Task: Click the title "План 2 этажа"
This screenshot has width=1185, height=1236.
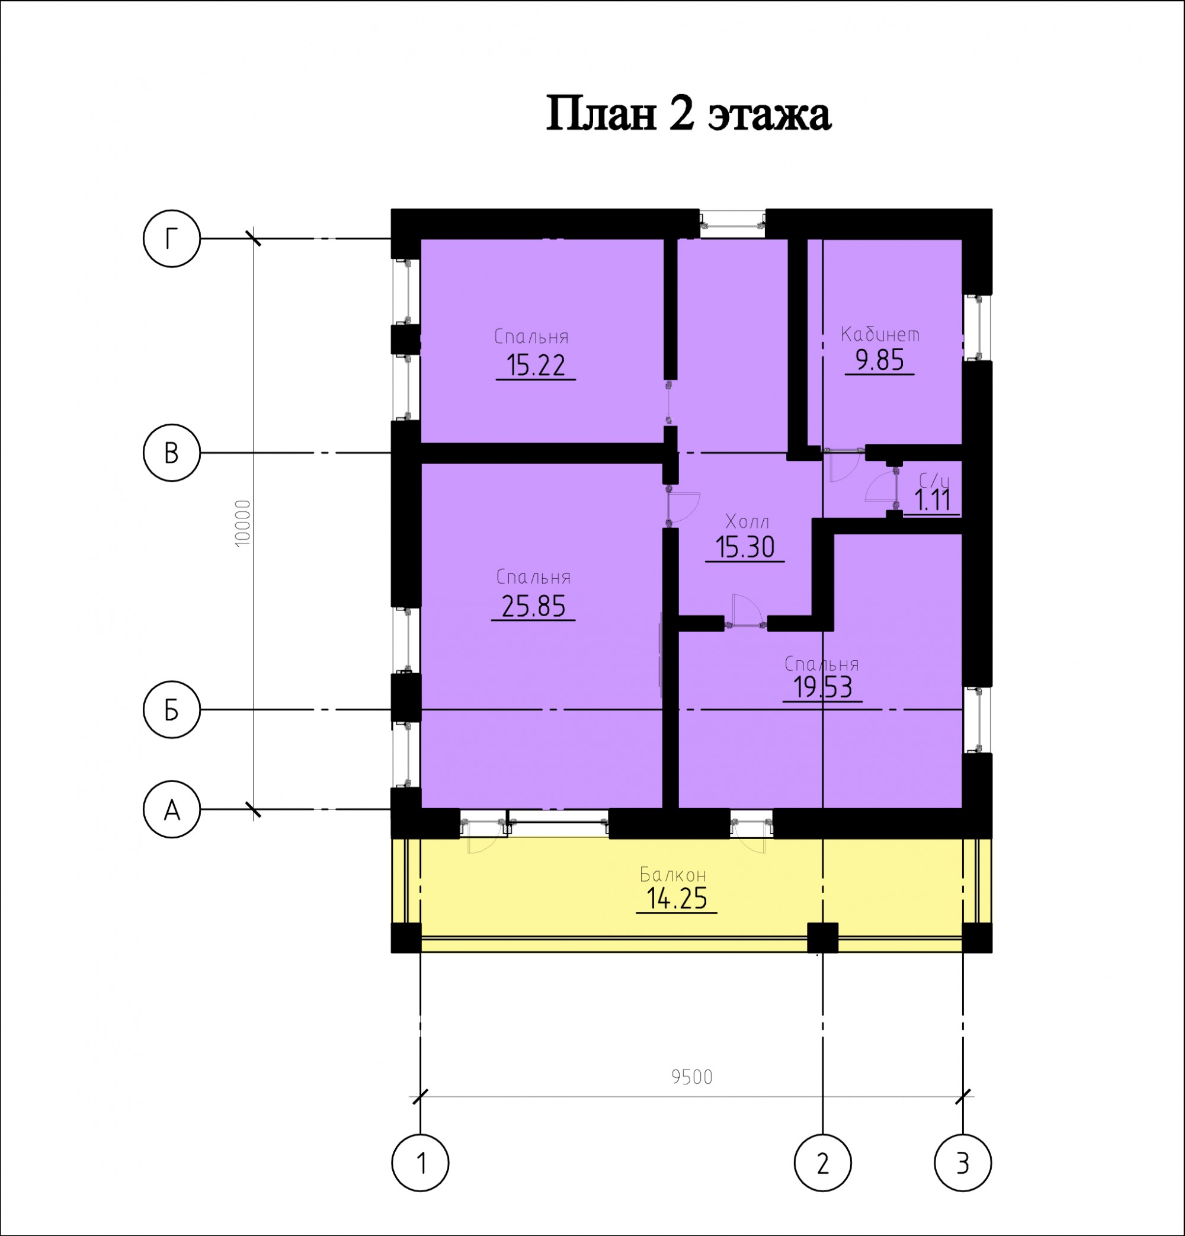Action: (688, 114)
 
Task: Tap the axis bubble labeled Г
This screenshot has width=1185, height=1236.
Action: (172, 239)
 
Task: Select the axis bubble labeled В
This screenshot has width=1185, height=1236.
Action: (172, 453)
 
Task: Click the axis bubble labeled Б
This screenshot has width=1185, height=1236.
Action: (172, 709)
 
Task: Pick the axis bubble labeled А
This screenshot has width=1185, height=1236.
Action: (172, 809)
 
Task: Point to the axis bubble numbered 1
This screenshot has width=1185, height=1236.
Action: (421, 1162)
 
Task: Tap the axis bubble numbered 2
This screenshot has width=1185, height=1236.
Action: (823, 1162)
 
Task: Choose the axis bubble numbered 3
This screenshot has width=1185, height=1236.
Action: (963, 1162)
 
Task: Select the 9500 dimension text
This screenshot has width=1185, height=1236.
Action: (692, 1077)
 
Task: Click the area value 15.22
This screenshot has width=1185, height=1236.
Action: (536, 366)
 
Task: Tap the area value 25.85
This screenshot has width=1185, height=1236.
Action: (533, 606)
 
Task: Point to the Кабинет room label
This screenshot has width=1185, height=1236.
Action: (880, 334)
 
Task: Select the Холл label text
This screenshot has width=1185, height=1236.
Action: (747, 521)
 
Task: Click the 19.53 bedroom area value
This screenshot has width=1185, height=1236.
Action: (822, 687)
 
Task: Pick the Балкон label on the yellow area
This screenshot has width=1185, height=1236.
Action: (673, 875)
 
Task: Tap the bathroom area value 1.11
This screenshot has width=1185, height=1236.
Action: (932, 501)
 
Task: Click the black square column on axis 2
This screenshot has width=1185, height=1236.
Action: (823, 938)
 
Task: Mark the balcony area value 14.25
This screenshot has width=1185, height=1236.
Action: (677, 898)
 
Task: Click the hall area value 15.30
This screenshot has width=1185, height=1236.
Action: (745, 547)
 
